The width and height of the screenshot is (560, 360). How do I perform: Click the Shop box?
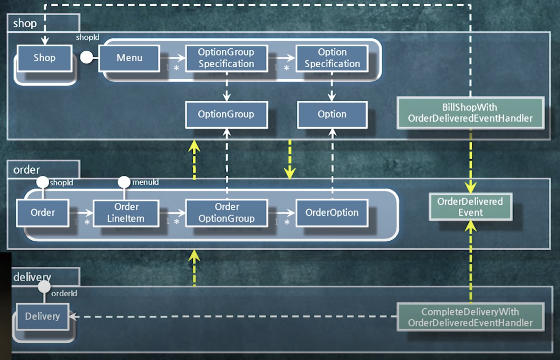pos(44,58)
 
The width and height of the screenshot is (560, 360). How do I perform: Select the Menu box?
pos(129,58)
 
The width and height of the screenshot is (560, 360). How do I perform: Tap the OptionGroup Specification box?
pos(227,58)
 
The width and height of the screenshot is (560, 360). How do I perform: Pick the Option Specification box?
pos(332,58)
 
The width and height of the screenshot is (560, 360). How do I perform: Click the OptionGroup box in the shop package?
pos(227,114)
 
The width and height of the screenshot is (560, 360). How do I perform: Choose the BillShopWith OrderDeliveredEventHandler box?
pos(471,113)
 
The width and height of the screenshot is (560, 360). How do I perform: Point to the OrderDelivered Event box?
pos(471,207)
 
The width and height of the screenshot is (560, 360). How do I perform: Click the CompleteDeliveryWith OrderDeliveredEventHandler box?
pos(471,317)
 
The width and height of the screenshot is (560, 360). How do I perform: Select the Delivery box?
pos(43,316)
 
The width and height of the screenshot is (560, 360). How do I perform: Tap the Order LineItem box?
pos(126,213)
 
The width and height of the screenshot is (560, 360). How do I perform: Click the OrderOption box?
pos(332,213)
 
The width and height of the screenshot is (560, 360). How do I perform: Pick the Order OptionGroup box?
pos(227,213)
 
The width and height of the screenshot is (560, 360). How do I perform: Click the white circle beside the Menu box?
pos(87,57)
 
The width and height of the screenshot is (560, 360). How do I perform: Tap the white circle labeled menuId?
pos(124,182)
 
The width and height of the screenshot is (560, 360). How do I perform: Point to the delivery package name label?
pos(32,277)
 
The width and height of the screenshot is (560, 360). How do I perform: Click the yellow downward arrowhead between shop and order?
pos(290,173)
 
